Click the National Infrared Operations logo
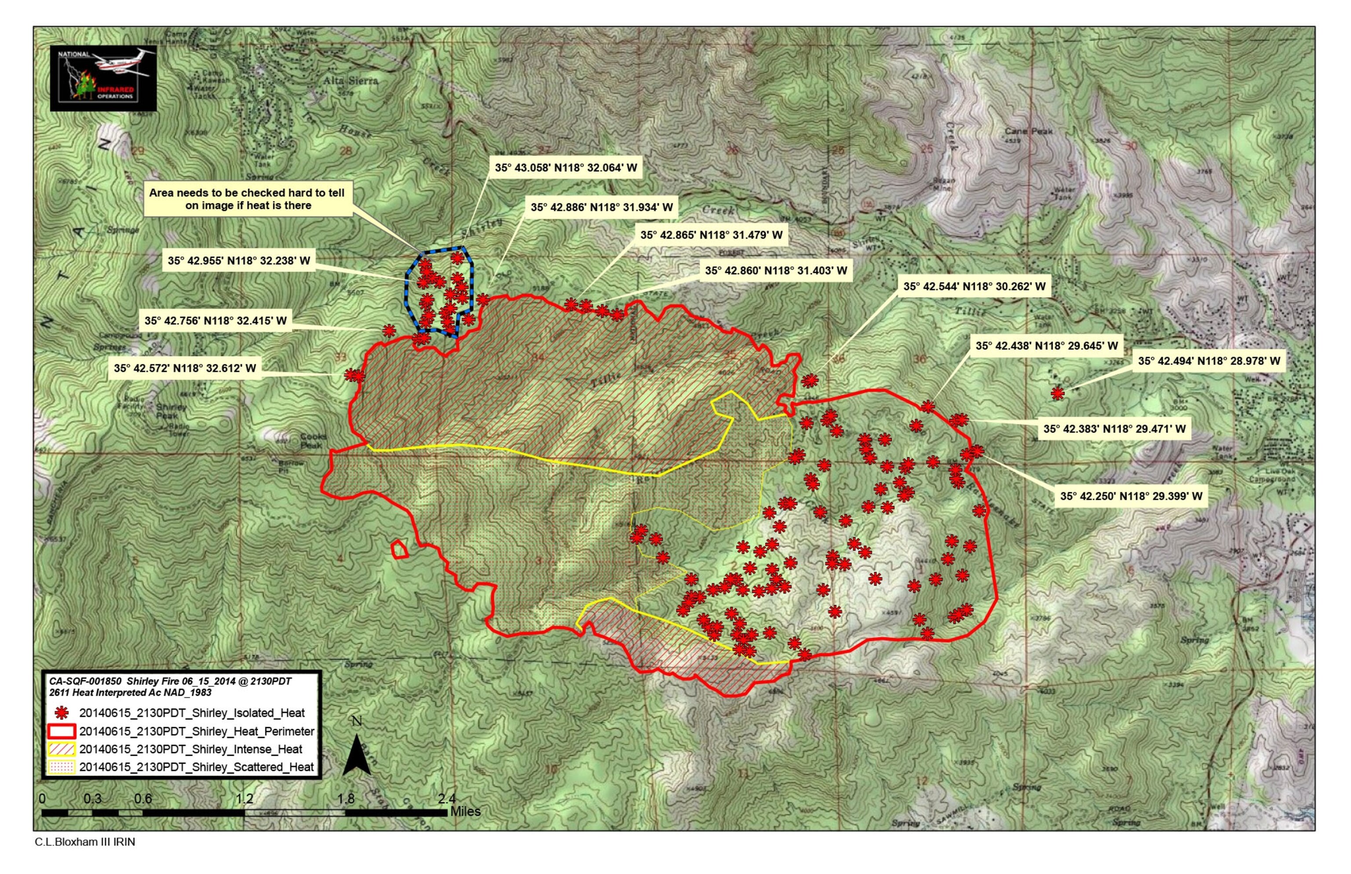coord(103,78)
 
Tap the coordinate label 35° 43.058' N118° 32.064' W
coord(566,168)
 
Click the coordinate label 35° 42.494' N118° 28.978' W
coord(1209,361)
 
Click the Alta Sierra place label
coord(351,80)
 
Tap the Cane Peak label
coord(1028,131)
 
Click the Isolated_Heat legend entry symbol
coord(62,713)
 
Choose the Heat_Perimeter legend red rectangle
coord(62,731)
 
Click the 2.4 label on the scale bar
coord(447,798)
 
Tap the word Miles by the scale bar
coord(465,812)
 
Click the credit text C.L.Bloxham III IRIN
coord(85,842)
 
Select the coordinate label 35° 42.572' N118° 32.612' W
coord(185,368)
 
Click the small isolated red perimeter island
coord(400,550)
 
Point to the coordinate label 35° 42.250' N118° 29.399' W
coord(1131,496)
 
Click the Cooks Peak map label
coord(313,441)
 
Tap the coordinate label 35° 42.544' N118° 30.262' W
coord(974,287)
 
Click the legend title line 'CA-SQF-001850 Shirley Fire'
coord(170,681)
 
